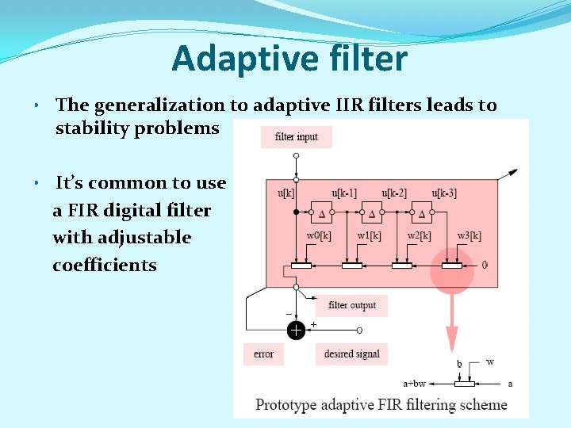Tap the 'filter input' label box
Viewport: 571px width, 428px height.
tap(296, 137)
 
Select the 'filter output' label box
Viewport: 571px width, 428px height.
tap(352, 305)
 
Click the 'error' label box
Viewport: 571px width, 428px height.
tap(263, 354)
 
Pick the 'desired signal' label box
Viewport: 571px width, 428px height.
tap(351, 354)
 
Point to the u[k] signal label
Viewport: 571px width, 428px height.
tap(286, 193)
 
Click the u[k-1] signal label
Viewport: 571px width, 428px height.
tap(343, 193)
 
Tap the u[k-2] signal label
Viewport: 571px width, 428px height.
tap(393, 193)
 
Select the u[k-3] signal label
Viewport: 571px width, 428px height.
tap(443, 193)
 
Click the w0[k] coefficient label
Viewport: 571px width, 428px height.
tap(319, 236)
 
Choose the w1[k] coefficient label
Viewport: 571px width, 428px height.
tap(369, 236)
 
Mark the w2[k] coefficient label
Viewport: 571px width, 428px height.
tap(419, 236)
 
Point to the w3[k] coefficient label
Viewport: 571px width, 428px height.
tap(469, 236)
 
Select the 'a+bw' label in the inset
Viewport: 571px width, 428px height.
tap(414, 384)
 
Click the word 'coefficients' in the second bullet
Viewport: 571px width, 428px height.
tap(105, 266)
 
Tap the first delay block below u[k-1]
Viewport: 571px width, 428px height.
tap(323, 212)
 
